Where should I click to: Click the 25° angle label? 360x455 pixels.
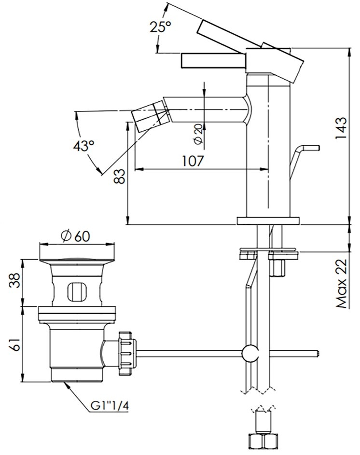coord(160,27)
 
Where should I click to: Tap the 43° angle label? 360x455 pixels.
coord(83,145)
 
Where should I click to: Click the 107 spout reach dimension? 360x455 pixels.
coord(193,161)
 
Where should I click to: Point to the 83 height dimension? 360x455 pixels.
coord(120,177)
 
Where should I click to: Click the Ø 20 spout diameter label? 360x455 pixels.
coord(198,134)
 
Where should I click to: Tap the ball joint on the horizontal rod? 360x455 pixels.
coord(250,354)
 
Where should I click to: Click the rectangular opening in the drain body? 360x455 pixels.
coord(76,291)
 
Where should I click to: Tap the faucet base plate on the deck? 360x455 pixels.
coord(268,221)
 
